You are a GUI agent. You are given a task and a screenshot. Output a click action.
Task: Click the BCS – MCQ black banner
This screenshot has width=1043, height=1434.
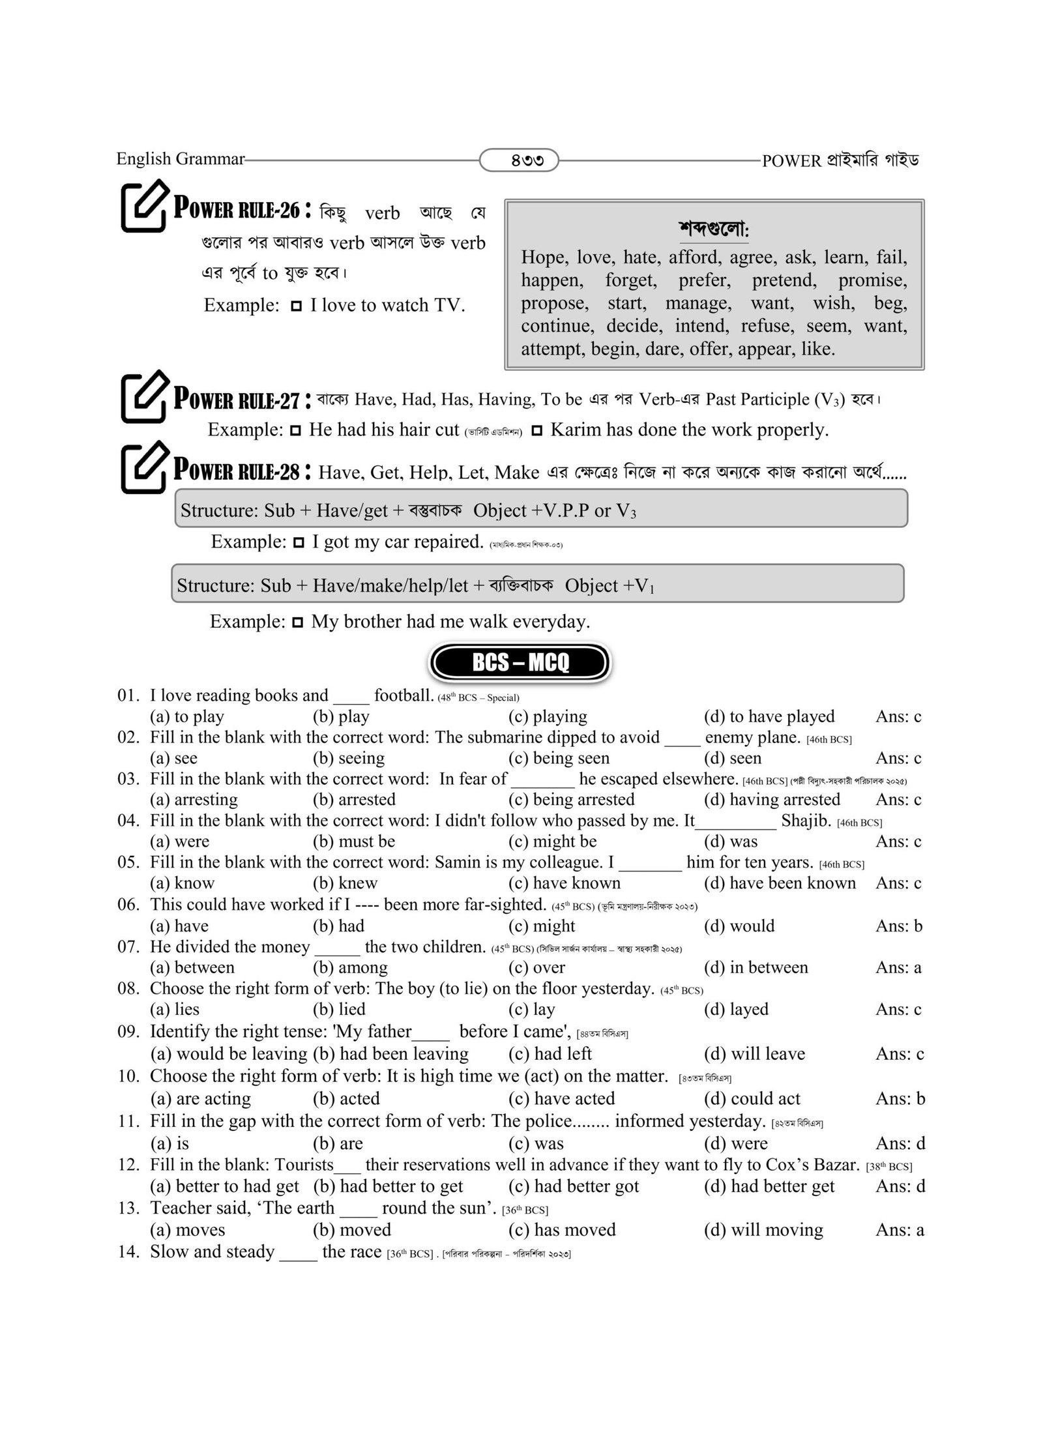(x=520, y=663)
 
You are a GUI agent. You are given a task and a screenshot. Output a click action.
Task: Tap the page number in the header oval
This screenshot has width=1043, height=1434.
(x=519, y=160)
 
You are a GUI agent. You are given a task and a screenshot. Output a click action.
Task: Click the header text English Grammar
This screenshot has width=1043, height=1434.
(x=180, y=158)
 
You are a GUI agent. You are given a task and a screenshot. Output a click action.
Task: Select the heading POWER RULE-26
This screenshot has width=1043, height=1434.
(x=237, y=210)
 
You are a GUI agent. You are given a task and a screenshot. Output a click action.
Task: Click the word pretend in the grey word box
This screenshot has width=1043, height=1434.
(x=784, y=280)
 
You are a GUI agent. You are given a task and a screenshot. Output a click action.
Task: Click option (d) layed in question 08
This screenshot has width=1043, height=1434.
(x=736, y=1009)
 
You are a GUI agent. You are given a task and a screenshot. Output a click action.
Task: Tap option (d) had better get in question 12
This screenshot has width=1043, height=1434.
(x=769, y=1186)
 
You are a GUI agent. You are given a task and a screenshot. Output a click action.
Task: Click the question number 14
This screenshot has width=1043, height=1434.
(x=128, y=1251)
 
